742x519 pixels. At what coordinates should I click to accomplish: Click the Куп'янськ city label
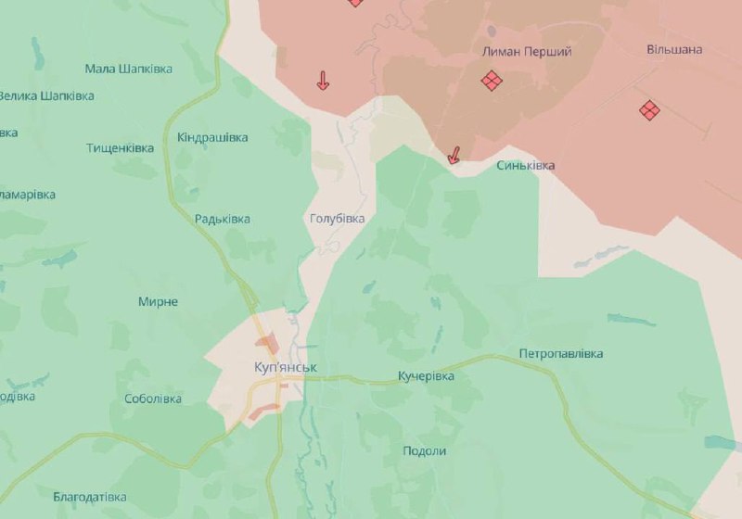(x=286, y=368)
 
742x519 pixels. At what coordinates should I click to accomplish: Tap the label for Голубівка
(x=336, y=219)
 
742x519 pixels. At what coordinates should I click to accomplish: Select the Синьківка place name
(x=526, y=165)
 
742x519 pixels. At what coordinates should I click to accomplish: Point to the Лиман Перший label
(x=528, y=52)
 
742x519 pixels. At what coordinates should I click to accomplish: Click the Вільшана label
(x=674, y=49)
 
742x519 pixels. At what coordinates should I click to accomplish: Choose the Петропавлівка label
(x=561, y=354)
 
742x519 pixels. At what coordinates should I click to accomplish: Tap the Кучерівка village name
(x=426, y=376)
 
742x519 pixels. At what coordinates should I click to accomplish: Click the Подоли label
(x=425, y=451)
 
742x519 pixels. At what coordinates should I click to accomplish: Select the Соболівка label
(x=153, y=399)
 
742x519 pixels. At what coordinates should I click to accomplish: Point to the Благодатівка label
(x=90, y=497)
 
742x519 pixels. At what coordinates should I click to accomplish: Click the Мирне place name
(x=158, y=302)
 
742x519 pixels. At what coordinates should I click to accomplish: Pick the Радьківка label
(x=223, y=219)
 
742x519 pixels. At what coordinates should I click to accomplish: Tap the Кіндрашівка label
(x=212, y=137)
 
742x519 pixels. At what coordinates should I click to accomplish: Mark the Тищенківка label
(x=121, y=148)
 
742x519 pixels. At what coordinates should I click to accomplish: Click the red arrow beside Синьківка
(x=454, y=157)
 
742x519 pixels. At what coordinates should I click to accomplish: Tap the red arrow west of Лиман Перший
(x=323, y=81)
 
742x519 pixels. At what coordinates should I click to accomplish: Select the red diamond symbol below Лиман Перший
(x=492, y=82)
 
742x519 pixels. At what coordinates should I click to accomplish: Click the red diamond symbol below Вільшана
(x=649, y=110)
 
